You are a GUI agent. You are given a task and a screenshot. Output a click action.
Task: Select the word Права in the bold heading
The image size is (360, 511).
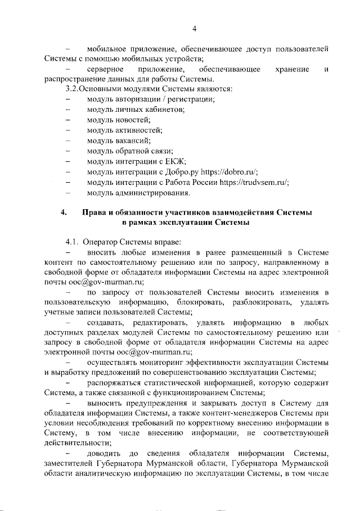point(93,212)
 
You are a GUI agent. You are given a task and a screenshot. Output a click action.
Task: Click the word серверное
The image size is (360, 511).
point(106,69)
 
